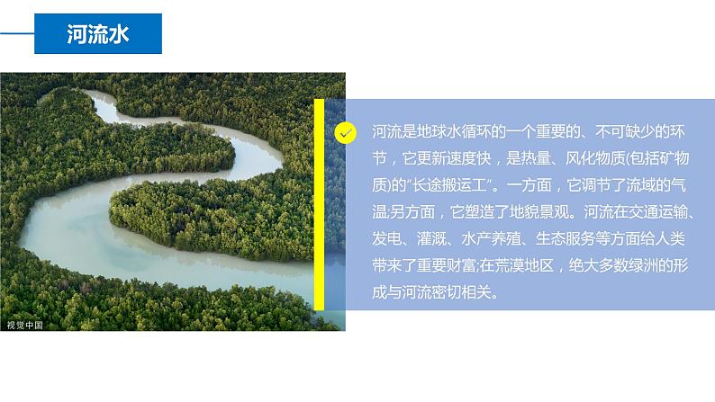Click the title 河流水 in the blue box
click(98, 34)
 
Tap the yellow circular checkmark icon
click(345, 133)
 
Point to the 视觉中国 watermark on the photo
click(24, 325)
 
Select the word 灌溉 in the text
click(433, 240)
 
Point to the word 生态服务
click(567, 240)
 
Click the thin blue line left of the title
click(17, 34)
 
